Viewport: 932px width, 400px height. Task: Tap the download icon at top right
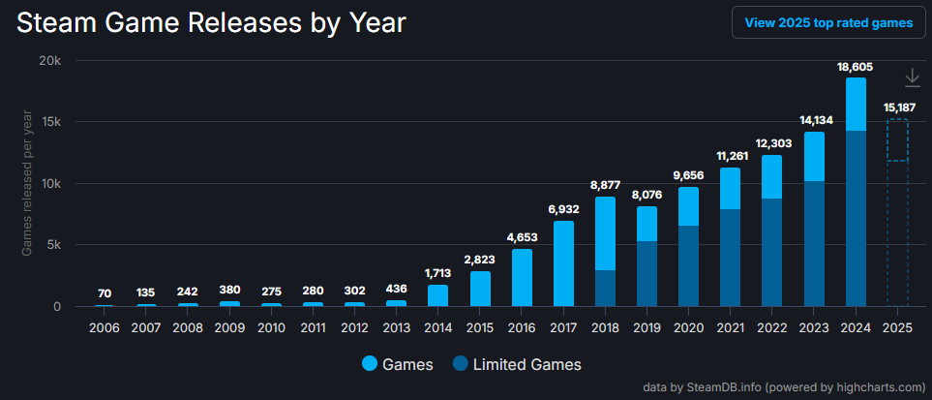pos(912,78)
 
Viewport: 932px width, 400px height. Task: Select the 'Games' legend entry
pos(398,364)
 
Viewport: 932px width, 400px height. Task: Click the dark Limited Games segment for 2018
pos(605,288)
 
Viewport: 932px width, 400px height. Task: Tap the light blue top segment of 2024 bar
pos(856,104)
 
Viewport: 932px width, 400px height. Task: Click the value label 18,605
pos(856,67)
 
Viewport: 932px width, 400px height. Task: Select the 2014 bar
pos(437,295)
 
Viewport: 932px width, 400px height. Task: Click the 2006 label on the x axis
pos(104,327)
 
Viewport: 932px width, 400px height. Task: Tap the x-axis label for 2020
pos(688,327)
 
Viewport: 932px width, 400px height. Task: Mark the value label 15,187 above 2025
pos(897,108)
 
